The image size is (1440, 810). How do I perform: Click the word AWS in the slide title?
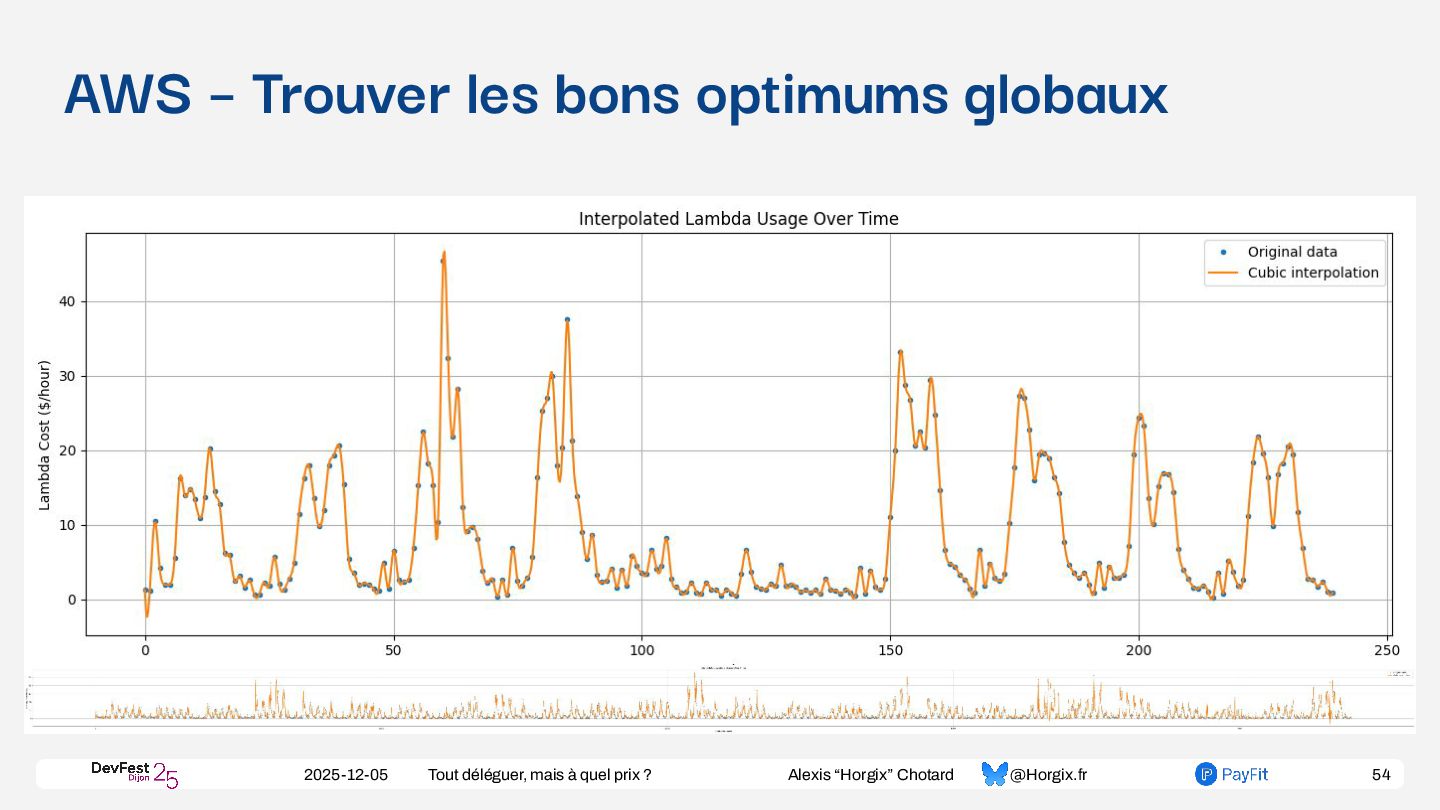[127, 95]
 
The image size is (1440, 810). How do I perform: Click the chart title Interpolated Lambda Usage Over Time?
[738, 219]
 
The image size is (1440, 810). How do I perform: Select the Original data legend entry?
[1291, 252]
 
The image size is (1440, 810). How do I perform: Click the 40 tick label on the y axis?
[66, 302]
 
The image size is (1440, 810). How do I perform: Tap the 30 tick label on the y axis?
[66, 377]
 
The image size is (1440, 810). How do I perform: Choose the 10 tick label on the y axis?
[66, 526]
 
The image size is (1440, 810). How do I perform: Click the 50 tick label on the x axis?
[393, 650]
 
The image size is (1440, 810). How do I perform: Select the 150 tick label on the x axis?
[890, 650]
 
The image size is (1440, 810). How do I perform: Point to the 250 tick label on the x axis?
[1387, 650]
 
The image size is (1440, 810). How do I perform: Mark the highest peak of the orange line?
[443, 253]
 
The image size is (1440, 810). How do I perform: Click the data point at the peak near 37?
[567, 320]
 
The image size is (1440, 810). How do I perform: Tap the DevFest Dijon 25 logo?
[134, 773]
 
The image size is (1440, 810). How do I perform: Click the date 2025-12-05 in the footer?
[346, 775]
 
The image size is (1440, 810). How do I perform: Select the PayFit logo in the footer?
[1231, 774]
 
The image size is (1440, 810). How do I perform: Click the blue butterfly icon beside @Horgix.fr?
[994, 774]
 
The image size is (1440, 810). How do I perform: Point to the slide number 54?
[1381, 775]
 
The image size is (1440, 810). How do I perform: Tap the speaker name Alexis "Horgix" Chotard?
[870, 775]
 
